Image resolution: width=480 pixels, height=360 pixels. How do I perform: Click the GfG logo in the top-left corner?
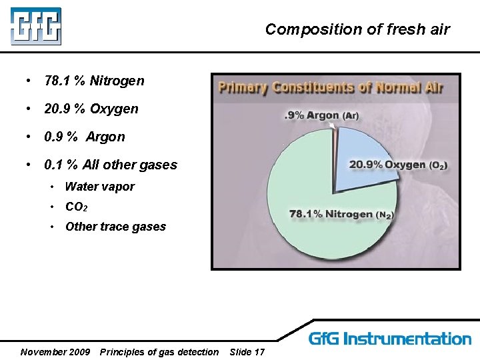pos(35,26)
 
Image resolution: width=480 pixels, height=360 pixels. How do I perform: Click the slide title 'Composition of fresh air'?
pos(357,29)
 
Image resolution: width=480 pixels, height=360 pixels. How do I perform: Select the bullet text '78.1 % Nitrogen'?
pos(93,81)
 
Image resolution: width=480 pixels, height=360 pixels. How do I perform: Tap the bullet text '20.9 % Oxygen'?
pos(91,109)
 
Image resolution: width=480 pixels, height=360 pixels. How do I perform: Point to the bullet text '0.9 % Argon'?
pos(84,137)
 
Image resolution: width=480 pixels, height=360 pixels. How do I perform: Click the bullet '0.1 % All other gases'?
pos(110,165)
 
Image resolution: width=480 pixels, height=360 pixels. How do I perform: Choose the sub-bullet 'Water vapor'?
pos(99,187)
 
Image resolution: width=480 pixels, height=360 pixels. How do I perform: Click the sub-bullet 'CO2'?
pos(76,207)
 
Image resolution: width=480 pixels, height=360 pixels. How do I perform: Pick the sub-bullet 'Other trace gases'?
pos(115,227)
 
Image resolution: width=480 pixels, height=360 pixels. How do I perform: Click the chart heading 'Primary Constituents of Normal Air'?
pos(331,87)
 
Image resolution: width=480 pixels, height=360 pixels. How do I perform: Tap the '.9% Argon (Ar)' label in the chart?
pos(321,115)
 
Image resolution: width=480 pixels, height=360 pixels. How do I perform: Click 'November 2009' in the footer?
pos(55,352)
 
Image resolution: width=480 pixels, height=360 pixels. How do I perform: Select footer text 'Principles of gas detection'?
pos(159,352)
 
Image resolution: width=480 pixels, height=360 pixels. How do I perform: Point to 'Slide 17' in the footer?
pos(247,352)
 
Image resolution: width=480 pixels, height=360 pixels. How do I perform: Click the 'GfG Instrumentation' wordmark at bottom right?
pos(390,339)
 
